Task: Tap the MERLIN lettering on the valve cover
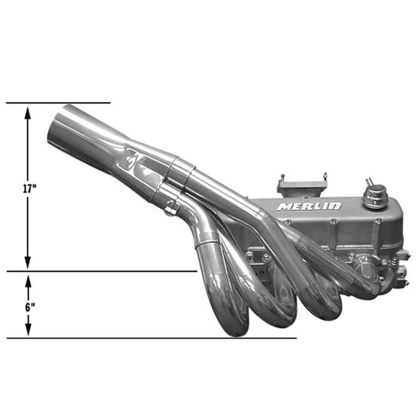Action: pyautogui.click(x=309, y=206)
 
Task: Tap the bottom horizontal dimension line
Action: pyautogui.click(x=151, y=338)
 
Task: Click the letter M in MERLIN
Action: pyautogui.click(x=284, y=206)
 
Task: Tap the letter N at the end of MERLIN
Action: pyautogui.click(x=335, y=206)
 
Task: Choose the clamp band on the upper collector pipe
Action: pyautogui.click(x=182, y=172)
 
